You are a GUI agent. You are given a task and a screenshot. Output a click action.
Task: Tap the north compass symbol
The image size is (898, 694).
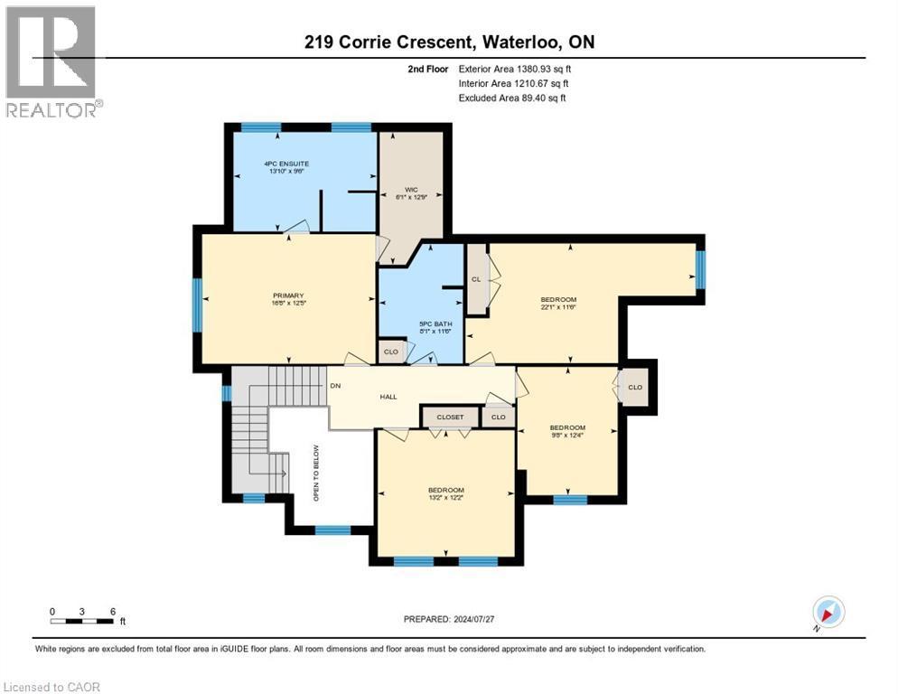coord(828,612)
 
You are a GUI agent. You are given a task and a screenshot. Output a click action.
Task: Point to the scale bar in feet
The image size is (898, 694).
coord(82,619)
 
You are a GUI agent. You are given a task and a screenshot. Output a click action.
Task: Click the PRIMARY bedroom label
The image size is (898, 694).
coord(288,299)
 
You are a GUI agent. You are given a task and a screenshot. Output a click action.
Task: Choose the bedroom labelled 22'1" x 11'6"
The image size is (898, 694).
coord(557,304)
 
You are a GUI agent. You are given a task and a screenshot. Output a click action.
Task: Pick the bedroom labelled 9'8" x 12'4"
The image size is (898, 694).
coord(567,432)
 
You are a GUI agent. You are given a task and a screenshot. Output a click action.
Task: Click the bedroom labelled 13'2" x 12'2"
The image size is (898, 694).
coord(446,494)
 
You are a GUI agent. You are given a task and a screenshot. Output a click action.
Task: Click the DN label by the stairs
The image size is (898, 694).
coord(334,386)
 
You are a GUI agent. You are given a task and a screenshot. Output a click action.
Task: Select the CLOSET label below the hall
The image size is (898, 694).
coord(450,417)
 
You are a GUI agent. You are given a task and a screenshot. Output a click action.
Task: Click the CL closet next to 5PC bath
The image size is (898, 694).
coord(475,279)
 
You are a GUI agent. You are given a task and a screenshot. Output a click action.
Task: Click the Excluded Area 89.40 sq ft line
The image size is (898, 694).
coord(513,98)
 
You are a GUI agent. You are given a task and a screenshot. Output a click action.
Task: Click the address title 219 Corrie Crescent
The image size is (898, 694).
coord(448,42)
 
